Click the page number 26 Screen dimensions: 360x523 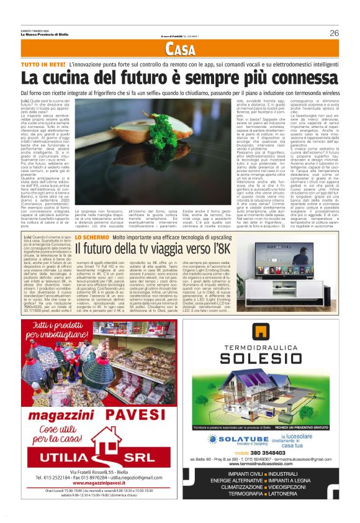[334, 33]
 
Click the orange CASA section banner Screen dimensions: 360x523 [180, 51]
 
